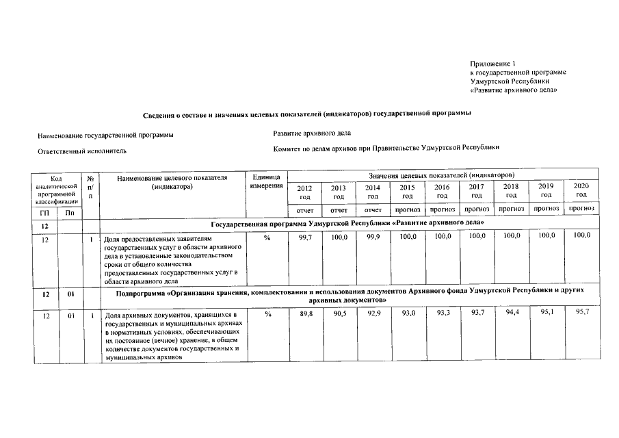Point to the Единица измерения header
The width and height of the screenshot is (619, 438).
pos(265,181)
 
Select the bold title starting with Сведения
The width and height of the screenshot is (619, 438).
pos(306,113)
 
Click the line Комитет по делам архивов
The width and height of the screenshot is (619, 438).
pos(386,147)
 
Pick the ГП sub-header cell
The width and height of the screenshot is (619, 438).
pos(44,214)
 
